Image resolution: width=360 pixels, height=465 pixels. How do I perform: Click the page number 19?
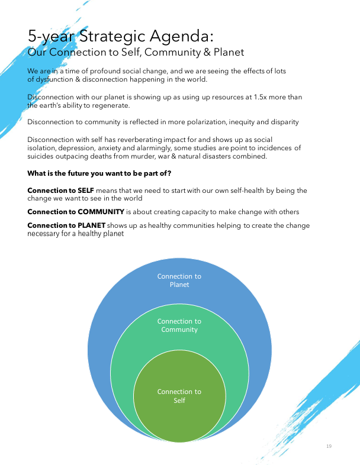click(x=329, y=445)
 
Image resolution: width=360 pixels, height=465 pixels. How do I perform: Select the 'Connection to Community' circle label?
click(x=179, y=325)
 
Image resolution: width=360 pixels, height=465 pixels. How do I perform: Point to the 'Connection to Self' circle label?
click(x=179, y=396)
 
